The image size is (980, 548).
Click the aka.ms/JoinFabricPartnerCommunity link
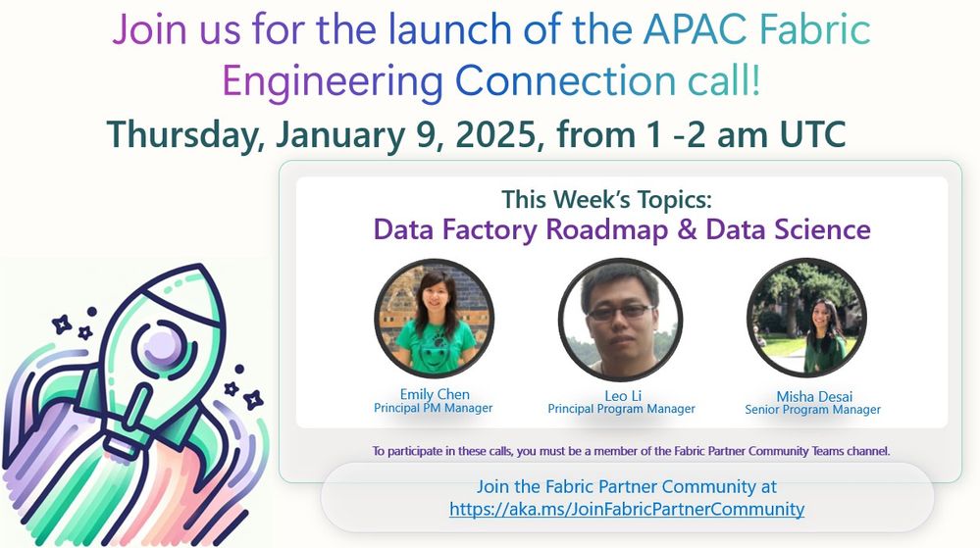click(x=627, y=509)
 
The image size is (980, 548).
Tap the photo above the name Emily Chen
click(x=435, y=319)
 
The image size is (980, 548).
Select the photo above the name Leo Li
click(x=621, y=320)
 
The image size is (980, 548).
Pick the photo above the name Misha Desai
click(x=807, y=318)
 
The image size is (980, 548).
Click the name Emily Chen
click(x=435, y=394)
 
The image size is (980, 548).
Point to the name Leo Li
click(x=623, y=395)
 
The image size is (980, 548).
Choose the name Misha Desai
click(x=814, y=396)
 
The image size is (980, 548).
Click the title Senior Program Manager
click(x=812, y=410)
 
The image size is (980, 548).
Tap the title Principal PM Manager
click(x=434, y=408)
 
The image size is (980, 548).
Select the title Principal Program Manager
click(x=621, y=409)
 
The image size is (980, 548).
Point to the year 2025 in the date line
click(x=495, y=134)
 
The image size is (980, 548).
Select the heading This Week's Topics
click(x=606, y=199)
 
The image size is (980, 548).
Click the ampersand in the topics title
click(x=687, y=229)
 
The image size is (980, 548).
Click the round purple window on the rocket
click(x=162, y=345)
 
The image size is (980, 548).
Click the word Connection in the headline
click(x=566, y=81)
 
